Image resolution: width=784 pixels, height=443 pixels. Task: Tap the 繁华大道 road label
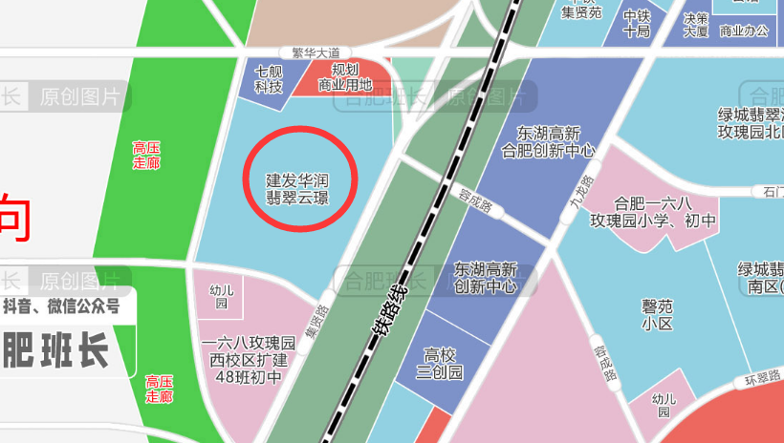[316, 53]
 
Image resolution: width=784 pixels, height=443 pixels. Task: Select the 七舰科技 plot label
[269, 79]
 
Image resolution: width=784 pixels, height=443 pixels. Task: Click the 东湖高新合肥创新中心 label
[548, 142]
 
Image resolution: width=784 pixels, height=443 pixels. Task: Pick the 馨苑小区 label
[658, 315]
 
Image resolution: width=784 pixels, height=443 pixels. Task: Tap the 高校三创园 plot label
[443, 364]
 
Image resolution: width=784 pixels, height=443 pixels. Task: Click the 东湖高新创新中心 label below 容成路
[486, 278]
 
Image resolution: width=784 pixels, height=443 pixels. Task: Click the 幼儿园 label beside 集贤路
[220, 297]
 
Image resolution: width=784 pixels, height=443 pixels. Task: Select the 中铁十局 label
[637, 24]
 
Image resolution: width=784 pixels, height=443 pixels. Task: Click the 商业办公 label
[744, 31]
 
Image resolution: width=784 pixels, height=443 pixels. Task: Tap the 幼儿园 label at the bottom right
[663, 406]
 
